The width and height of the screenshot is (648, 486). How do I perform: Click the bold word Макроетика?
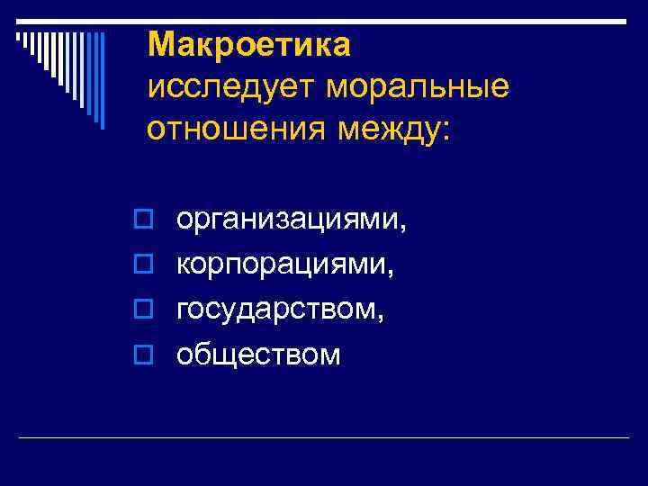248,43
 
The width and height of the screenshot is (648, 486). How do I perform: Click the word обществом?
258,354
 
